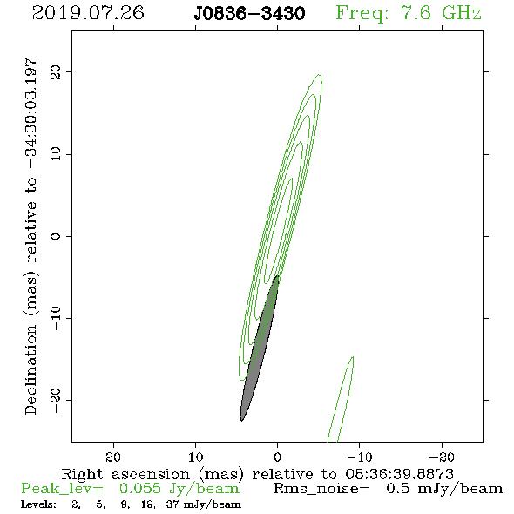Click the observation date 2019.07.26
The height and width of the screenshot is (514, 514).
[88, 13]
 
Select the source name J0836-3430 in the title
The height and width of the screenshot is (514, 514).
[249, 14]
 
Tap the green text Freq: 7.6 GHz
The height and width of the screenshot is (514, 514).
[409, 13]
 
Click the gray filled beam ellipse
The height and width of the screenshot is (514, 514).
[260, 348]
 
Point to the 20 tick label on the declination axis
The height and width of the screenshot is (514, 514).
[56, 71]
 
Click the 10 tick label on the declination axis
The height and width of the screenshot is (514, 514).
[56, 153]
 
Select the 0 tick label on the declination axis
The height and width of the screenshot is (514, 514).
[56, 236]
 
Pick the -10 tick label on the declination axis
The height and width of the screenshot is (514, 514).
[56, 318]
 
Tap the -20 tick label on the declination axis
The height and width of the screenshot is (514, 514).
[56, 400]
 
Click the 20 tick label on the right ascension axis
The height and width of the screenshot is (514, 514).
[113, 457]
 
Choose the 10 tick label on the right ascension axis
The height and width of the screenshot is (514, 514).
[196, 457]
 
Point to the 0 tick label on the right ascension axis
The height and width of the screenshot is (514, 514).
[277, 457]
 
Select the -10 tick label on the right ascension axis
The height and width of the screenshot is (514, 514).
[360, 457]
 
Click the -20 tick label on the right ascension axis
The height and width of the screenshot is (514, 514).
[442, 457]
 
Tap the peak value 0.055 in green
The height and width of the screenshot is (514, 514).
[140, 489]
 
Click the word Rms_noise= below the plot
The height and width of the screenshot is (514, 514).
[321, 489]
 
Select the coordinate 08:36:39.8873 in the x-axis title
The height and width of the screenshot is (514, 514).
[400, 474]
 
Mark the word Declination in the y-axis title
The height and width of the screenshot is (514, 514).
[30, 370]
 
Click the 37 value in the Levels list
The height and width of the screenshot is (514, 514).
[172, 504]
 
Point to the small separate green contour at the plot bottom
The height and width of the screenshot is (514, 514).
[341, 399]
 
